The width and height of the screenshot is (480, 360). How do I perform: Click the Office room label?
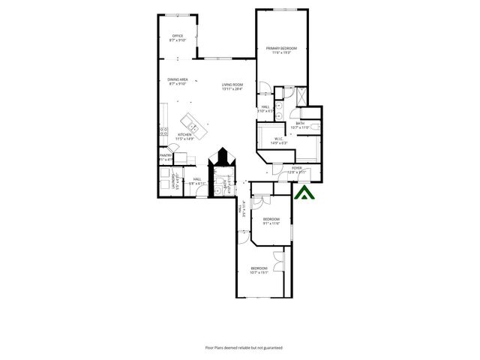[178, 37]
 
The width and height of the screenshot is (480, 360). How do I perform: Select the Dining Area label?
[177, 82]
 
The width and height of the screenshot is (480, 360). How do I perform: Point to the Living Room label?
[232, 86]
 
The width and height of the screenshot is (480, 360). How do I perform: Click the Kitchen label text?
[184, 136]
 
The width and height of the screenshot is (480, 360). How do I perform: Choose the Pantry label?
[165, 157]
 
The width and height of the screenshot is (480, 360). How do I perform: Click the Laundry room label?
[175, 182]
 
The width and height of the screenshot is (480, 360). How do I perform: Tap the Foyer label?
[298, 169]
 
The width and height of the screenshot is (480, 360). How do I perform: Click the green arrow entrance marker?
[304, 194]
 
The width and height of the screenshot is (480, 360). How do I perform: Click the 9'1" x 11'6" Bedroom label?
[271, 221]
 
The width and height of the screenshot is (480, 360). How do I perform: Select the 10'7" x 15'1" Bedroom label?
[259, 270]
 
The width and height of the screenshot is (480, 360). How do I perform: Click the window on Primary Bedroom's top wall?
[283, 9]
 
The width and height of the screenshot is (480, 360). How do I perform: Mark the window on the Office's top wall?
[177, 14]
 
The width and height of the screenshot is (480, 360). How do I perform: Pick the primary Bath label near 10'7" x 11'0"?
[300, 125]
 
